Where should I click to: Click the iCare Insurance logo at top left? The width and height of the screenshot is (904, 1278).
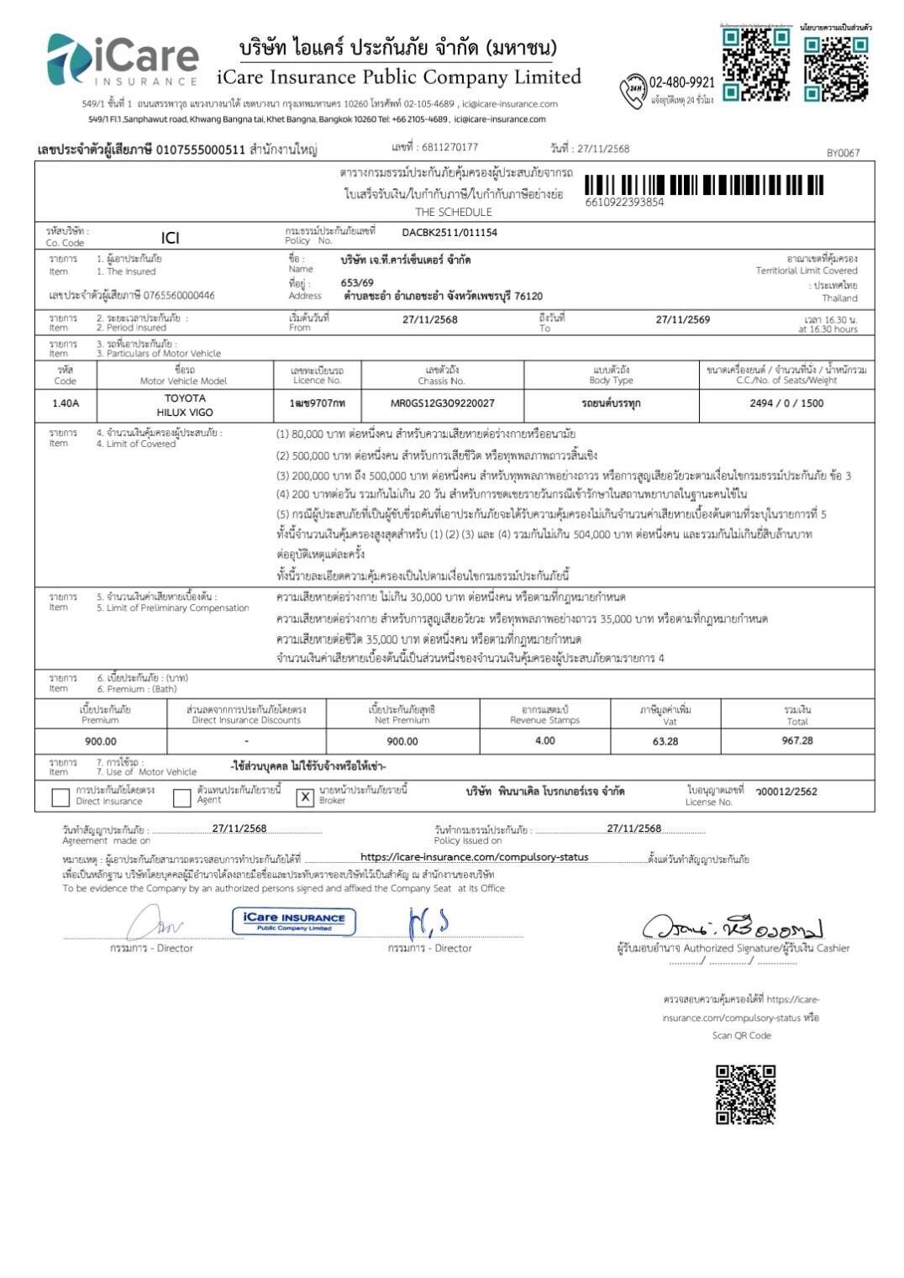122,60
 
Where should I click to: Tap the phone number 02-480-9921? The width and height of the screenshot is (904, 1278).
681,82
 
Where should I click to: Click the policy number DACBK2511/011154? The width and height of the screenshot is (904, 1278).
449,233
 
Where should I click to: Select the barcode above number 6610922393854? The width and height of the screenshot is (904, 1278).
704,185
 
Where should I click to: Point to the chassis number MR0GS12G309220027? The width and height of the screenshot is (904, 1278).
443,404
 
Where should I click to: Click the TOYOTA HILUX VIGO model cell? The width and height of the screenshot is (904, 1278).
185,405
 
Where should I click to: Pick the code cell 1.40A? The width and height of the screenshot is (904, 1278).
66,404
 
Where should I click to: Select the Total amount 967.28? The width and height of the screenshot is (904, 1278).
796,741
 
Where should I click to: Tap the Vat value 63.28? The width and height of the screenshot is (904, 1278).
665,742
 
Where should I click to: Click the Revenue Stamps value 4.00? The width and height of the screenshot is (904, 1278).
544,741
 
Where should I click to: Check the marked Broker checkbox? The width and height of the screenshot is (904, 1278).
306,797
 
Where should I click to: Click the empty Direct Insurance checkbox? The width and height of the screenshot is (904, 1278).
60,797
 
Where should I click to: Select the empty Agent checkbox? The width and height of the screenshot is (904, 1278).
181,797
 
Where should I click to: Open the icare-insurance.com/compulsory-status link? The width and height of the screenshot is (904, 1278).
474,858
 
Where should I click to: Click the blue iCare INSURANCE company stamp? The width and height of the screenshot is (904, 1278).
294,921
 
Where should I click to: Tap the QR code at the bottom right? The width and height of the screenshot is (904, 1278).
745,1094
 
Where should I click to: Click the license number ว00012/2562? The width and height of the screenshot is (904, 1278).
786,792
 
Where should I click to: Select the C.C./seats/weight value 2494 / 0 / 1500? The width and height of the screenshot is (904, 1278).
786,404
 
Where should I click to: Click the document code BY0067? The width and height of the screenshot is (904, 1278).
843,153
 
